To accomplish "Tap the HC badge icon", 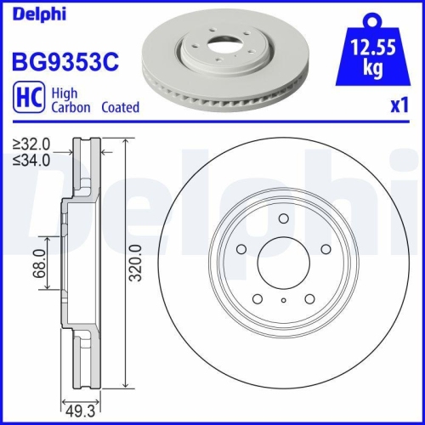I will tap(26, 100).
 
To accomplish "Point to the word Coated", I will tap(120, 108).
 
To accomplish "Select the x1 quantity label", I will tap(399, 108).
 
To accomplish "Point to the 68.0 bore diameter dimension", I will tap(38, 264).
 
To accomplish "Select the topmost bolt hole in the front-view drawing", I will tap(282, 219).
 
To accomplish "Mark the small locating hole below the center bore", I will tap(283, 299).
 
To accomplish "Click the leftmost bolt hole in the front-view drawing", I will tap(241, 249).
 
